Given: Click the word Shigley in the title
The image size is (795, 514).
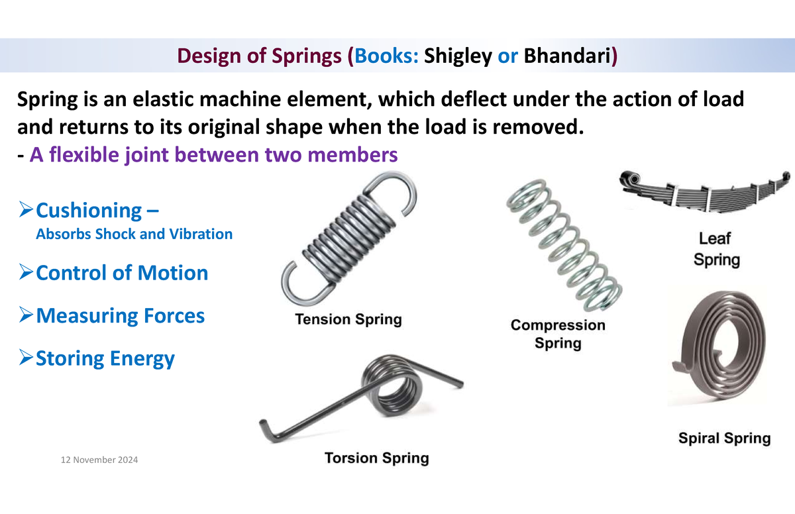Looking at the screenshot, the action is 458,56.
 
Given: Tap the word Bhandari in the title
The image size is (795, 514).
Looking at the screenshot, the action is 567,56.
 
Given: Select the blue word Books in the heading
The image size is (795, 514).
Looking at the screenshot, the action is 384,56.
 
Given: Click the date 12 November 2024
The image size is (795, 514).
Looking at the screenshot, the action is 99,460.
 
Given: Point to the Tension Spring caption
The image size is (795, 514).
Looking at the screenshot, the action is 348,319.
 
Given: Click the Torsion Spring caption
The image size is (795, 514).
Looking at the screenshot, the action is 376,458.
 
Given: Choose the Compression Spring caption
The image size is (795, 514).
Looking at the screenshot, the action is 558,334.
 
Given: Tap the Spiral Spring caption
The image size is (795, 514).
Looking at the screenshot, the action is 724,438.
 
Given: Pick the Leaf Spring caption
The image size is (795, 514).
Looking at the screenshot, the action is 716,249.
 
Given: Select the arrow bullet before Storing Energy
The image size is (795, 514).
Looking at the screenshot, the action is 26,357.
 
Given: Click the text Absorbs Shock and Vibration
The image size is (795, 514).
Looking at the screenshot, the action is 134,234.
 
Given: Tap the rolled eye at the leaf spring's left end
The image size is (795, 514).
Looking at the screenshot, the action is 630,178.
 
